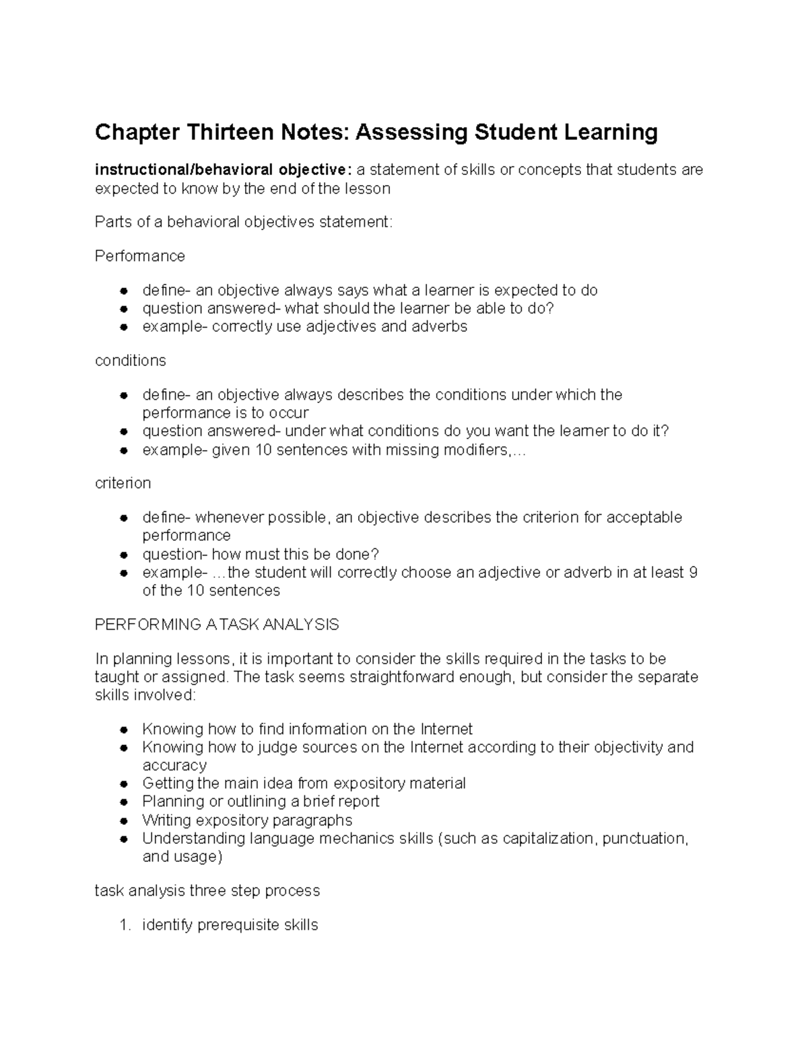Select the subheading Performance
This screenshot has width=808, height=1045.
139,256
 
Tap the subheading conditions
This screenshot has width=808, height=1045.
130,361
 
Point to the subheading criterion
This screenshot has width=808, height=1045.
123,483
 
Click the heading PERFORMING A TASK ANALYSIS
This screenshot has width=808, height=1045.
217,624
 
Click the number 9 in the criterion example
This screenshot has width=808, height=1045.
694,573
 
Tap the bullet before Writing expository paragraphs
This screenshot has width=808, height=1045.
123,821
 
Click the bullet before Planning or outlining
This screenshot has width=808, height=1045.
123,802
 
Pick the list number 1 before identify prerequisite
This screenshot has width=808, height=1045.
124,925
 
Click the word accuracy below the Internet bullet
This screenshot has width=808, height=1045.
174,766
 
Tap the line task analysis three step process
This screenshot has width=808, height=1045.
207,891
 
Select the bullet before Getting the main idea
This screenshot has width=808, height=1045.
123,784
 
